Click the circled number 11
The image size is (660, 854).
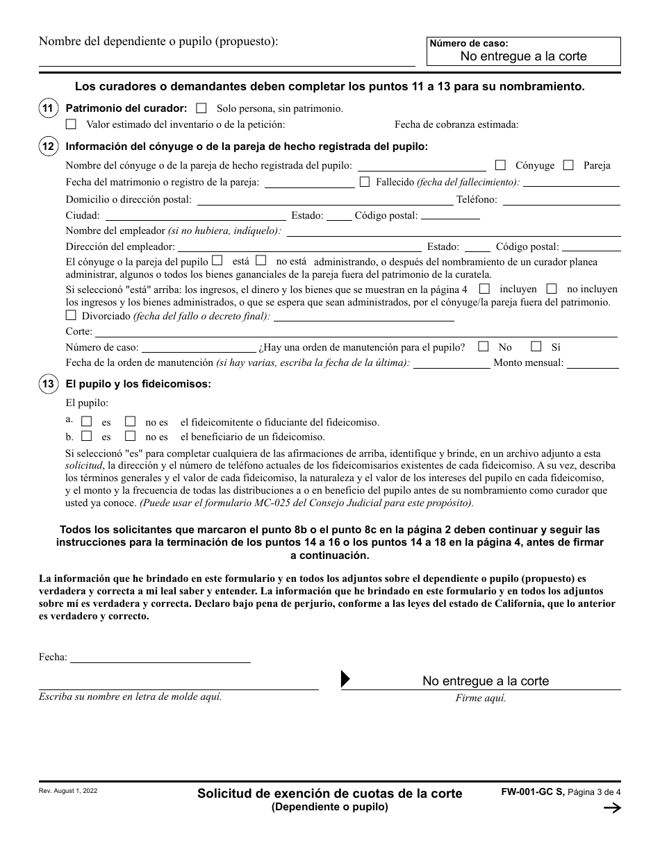(x=47, y=108)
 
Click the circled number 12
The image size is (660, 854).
(x=47, y=146)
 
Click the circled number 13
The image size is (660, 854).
(x=47, y=384)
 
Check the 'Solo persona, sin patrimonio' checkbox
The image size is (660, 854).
(x=201, y=108)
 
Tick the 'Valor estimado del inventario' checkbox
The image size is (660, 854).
(x=71, y=125)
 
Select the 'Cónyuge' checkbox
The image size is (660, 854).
(x=500, y=165)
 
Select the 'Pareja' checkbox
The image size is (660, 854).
(x=568, y=165)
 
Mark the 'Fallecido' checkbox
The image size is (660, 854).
(x=365, y=182)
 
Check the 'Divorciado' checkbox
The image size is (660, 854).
(x=71, y=315)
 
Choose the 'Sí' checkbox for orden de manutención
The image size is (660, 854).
(x=536, y=346)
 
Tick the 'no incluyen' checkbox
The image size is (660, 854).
(x=552, y=288)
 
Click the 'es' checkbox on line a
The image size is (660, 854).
(x=87, y=421)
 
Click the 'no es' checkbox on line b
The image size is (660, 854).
(x=130, y=437)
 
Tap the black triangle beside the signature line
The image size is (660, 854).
(x=345, y=679)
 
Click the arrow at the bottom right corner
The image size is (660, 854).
(x=612, y=807)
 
